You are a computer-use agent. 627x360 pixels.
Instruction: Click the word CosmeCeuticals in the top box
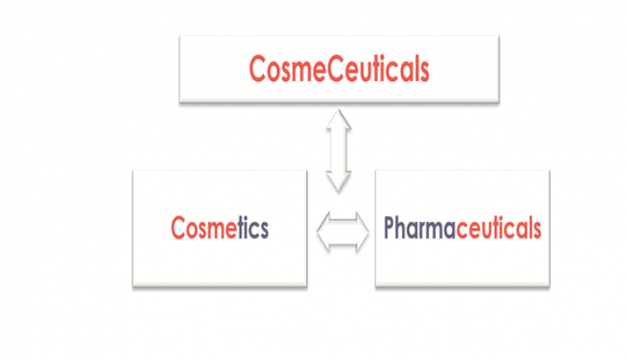tap(339, 68)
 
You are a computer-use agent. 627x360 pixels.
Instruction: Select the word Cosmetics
tap(220, 229)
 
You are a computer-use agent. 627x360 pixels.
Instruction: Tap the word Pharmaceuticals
tap(462, 229)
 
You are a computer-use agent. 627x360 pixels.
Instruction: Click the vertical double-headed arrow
tap(340, 149)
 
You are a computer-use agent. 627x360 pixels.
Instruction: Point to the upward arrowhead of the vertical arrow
tap(340, 119)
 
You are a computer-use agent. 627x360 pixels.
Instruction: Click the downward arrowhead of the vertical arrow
tap(340, 180)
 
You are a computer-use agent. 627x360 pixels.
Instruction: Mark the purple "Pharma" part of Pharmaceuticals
tap(420, 229)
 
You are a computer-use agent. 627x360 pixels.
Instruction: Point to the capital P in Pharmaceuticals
tap(389, 229)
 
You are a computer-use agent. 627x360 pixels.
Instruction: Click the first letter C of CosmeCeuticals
tap(258, 68)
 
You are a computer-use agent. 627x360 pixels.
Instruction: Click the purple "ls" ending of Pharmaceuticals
tap(534, 229)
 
